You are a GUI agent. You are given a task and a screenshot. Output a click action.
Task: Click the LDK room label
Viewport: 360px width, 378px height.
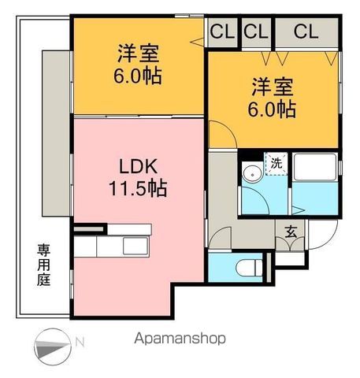pyautogui.click(x=138, y=166)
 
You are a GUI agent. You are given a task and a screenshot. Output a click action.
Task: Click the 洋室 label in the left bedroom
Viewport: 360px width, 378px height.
pyautogui.click(x=139, y=54)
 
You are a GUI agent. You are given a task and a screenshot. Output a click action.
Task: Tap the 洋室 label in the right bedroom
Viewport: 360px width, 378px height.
pyautogui.click(x=273, y=85)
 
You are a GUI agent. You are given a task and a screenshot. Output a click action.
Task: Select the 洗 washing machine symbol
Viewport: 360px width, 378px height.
pyautogui.click(x=276, y=164)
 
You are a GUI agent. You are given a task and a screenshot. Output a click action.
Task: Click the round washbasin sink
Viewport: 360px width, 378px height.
pyautogui.click(x=253, y=175)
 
